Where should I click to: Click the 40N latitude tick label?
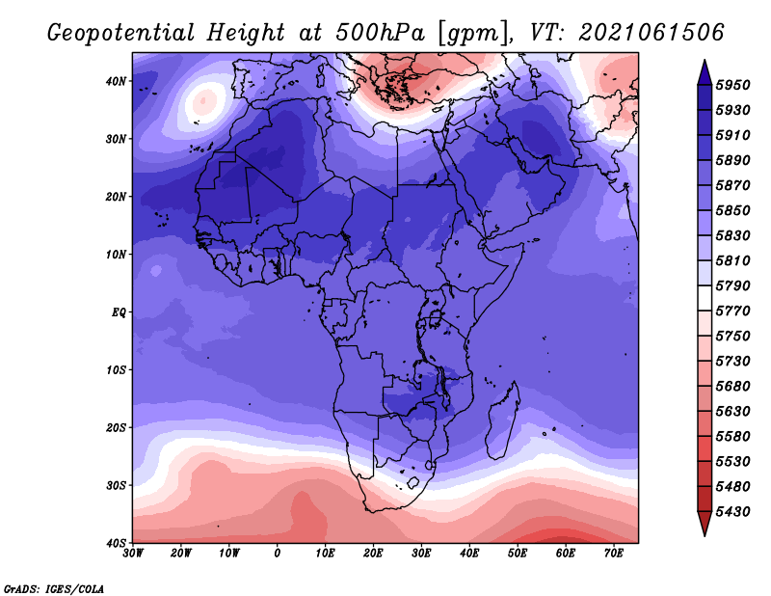(x=116, y=81)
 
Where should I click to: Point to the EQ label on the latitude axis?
(x=119, y=312)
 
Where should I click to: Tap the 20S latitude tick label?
(x=116, y=427)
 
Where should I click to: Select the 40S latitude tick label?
(x=116, y=543)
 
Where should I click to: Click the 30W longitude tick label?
(x=133, y=554)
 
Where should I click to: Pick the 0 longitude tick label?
(x=278, y=554)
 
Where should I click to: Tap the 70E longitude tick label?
(x=613, y=554)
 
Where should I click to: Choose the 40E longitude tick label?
(x=469, y=554)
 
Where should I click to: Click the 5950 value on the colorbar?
(x=733, y=85)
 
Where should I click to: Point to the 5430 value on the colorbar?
(x=733, y=512)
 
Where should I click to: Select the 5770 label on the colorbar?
(x=733, y=312)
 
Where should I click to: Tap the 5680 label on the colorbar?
(x=733, y=387)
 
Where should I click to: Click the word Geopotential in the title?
(x=121, y=34)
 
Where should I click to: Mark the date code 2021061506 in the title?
(x=651, y=33)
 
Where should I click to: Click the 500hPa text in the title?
(x=381, y=33)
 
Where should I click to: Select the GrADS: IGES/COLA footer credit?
(x=54, y=588)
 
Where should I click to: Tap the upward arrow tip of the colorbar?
(x=705, y=61)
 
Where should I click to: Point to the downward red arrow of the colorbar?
(x=705, y=524)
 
